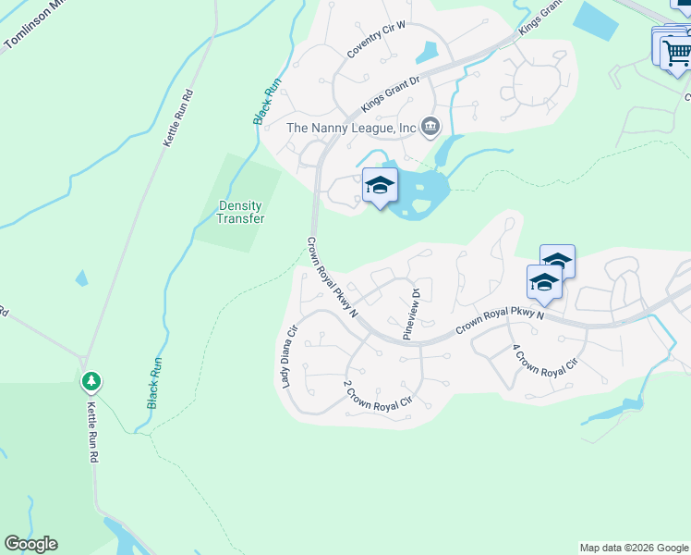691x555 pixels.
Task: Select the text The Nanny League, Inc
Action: click(x=351, y=128)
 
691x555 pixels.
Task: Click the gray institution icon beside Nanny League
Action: click(x=430, y=127)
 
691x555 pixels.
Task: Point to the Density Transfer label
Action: click(x=240, y=212)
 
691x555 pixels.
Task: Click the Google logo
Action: click(x=30, y=544)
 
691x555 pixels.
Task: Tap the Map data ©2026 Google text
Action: click(x=634, y=548)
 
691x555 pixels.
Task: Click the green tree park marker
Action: click(x=91, y=380)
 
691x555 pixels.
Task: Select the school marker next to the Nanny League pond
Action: click(x=380, y=186)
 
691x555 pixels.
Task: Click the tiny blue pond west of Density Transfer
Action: click(x=82, y=277)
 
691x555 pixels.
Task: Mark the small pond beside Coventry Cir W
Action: click(x=428, y=54)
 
